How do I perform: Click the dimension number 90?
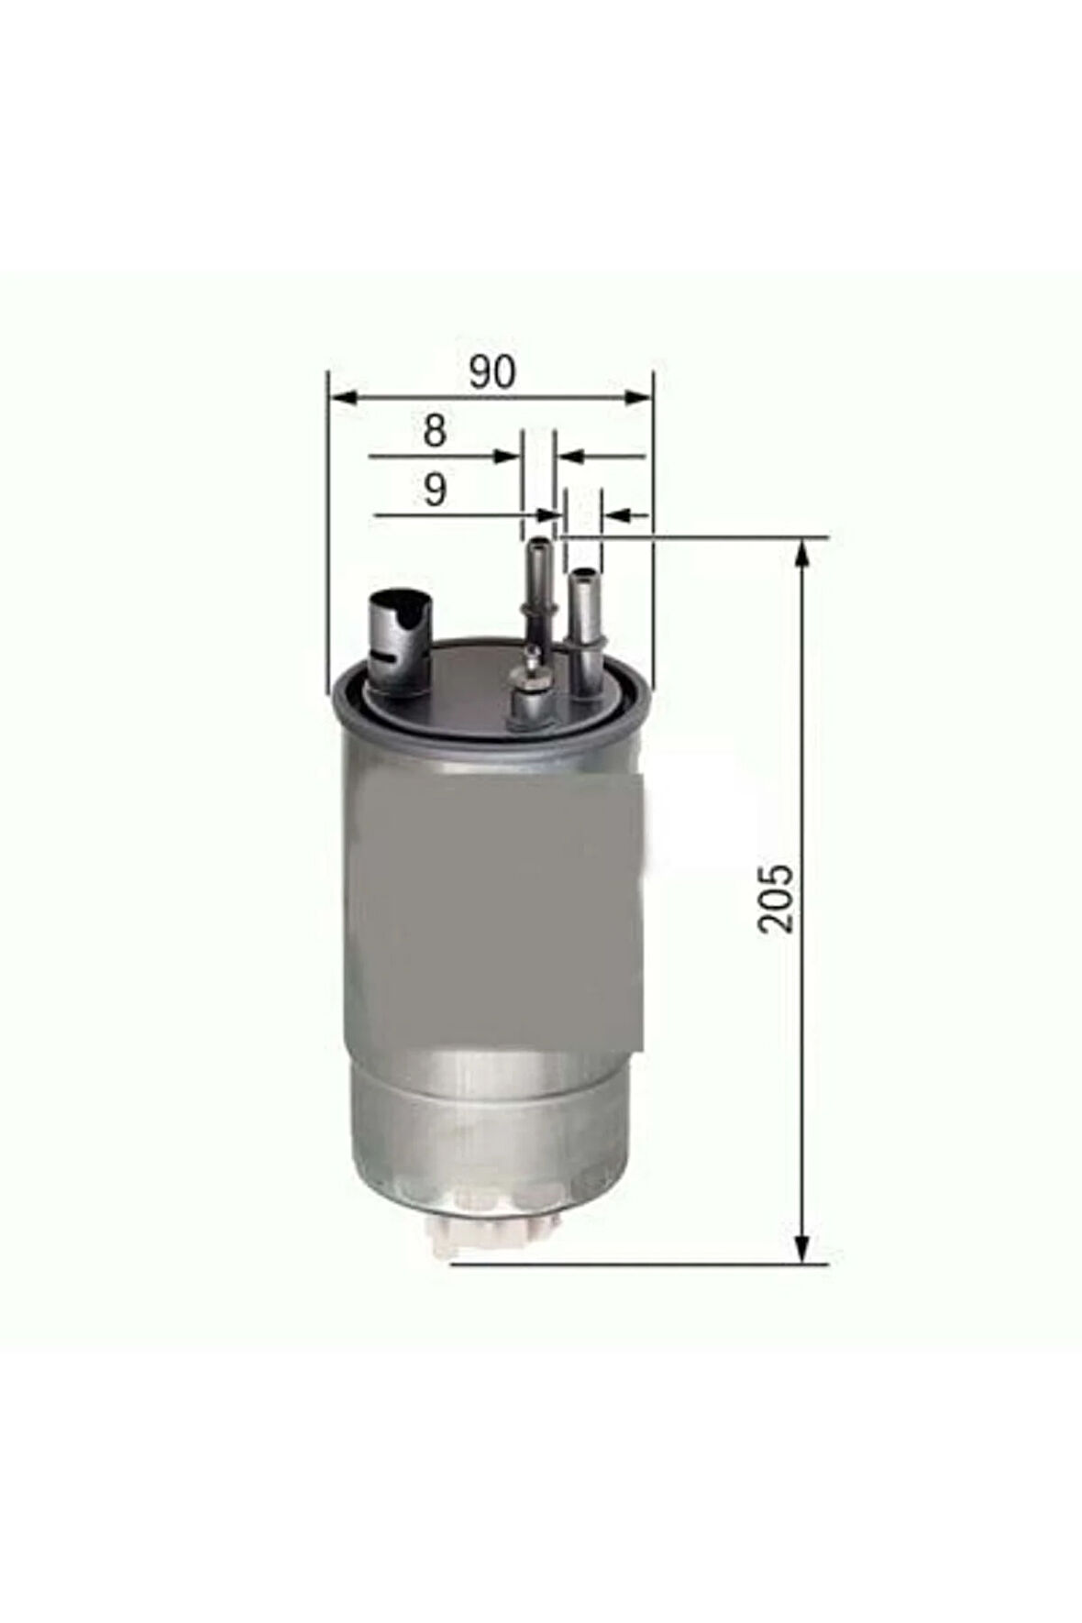(x=492, y=372)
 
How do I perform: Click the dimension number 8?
(x=435, y=431)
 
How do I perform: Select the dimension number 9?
(x=435, y=490)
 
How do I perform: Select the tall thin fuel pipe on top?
(x=536, y=587)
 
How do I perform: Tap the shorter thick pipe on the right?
(x=582, y=624)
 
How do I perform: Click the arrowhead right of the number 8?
(x=507, y=456)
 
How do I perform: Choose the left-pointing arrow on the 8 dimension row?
(x=572, y=456)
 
